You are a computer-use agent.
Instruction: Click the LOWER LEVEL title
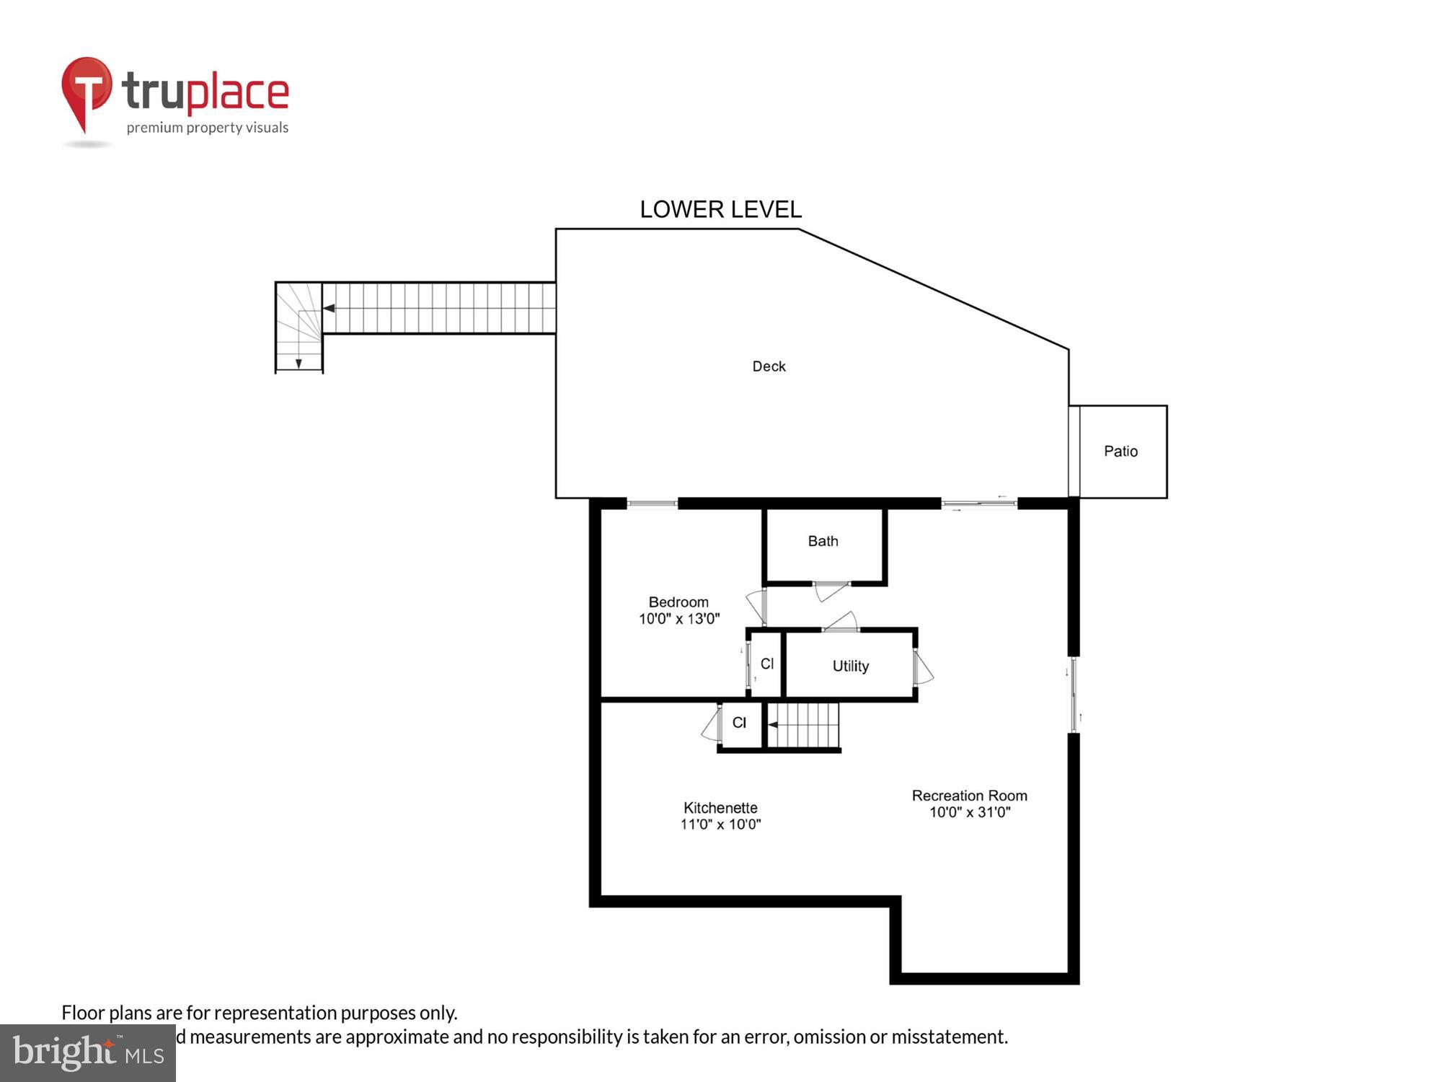click(x=720, y=209)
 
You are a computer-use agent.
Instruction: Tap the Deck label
click(x=769, y=366)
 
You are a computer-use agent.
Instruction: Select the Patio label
click(x=1120, y=452)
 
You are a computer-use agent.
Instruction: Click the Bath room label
click(x=823, y=541)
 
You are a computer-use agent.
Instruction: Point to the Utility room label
click(x=850, y=666)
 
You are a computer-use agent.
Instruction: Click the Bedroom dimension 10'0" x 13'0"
click(x=678, y=619)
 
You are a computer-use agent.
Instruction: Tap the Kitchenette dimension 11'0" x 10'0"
click(x=720, y=824)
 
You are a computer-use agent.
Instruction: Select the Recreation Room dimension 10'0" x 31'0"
click(x=969, y=812)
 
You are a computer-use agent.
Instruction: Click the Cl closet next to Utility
click(x=766, y=664)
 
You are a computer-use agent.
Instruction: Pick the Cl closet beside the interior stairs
click(x=739, y=723)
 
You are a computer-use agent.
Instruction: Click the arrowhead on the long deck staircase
click(x=329, y=308)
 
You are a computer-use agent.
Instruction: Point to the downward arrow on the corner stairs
click(x=298, y=363)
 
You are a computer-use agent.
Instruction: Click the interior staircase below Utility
click(x=804, y=725)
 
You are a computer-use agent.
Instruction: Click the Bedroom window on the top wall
click(x=652, y=503)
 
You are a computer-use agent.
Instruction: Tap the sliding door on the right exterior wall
click(x=1074, y=695)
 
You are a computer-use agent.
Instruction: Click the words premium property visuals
click(x=208, y=128)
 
